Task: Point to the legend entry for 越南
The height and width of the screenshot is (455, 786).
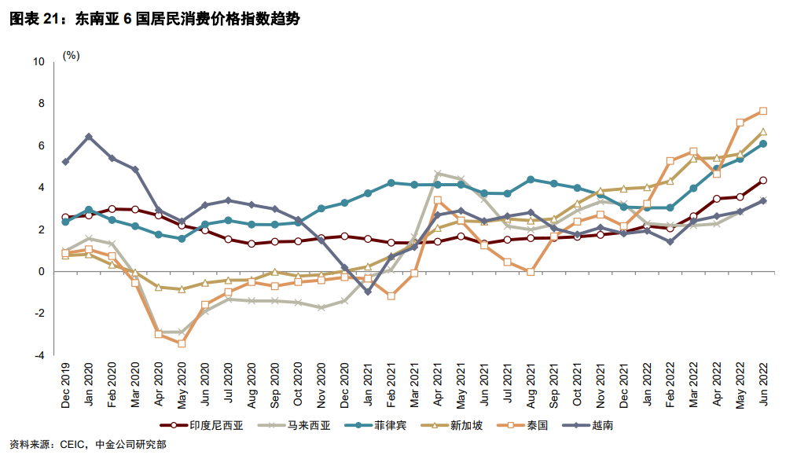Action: tap(602, 425)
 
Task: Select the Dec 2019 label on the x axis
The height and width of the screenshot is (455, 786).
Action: tap(66, 386)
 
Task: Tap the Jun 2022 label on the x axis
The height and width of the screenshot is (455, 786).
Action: tap(763, 386)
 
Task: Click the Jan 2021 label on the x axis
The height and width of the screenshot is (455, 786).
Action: tap(367, 386)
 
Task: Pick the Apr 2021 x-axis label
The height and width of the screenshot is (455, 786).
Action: tap(437, 386)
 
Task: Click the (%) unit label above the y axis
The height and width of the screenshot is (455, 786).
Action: tap(72, 56)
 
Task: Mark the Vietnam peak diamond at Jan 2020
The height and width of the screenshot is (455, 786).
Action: tap(89, 137)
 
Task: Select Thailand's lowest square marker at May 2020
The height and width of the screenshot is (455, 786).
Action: tap(182, 343)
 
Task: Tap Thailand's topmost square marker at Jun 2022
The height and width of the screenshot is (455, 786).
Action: tap(762, 111)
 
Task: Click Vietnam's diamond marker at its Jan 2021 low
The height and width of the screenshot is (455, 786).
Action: tap(367, 292)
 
